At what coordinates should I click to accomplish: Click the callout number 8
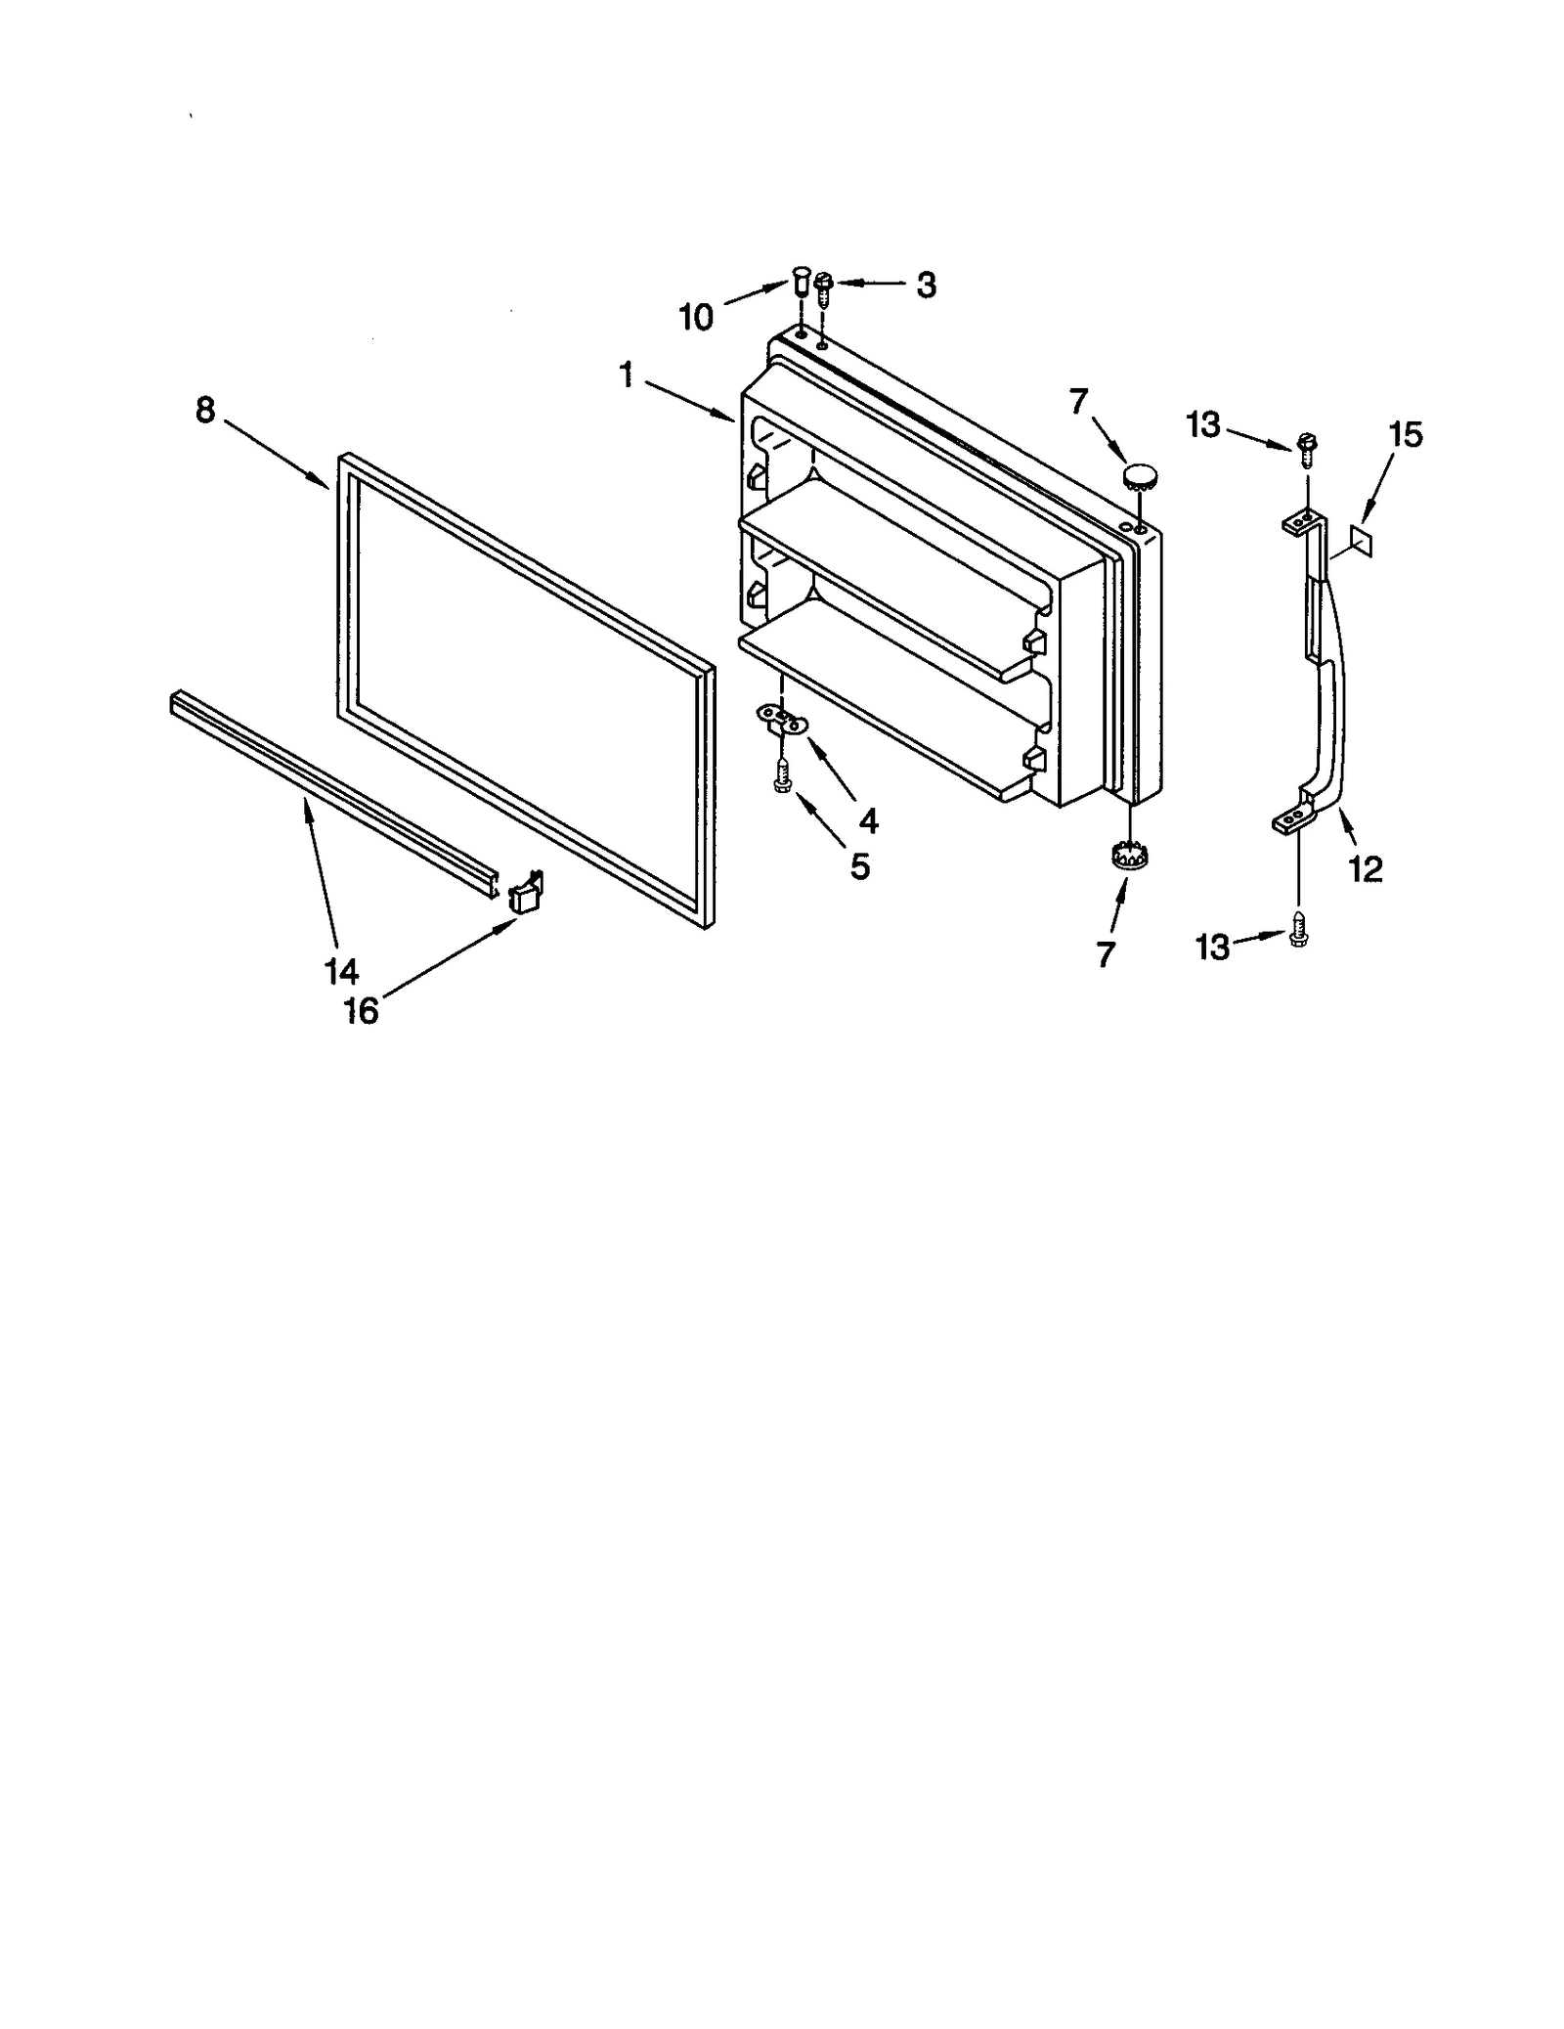click(x=204, y=411)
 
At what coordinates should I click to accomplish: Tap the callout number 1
click(x=627, y=374)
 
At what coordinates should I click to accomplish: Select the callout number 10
click(x=696, y=317)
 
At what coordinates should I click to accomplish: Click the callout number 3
click(x=925, y=285)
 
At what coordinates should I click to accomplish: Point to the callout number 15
click(x=1406, y=435)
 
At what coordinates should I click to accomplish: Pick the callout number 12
click(x=1365, y=868)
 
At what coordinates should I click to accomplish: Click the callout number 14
click(x=341, y=971)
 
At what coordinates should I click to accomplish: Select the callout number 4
click(x=868, y=820)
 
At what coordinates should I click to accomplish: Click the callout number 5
click(x=859, y=866)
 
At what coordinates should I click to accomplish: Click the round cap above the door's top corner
click(x=1138, y=478)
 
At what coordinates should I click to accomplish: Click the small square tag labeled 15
click(x=1360, y=539)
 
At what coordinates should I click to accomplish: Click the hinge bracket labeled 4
click(x=784, y=721)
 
